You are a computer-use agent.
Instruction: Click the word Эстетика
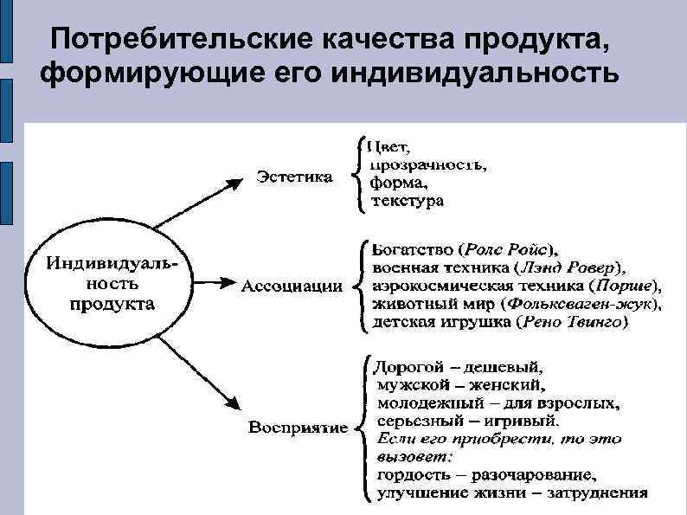coord(293,177)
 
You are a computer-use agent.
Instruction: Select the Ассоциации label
coord(291,286)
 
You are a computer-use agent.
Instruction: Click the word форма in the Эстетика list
coord(397,182)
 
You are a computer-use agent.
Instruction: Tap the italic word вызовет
coord(412,455)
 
